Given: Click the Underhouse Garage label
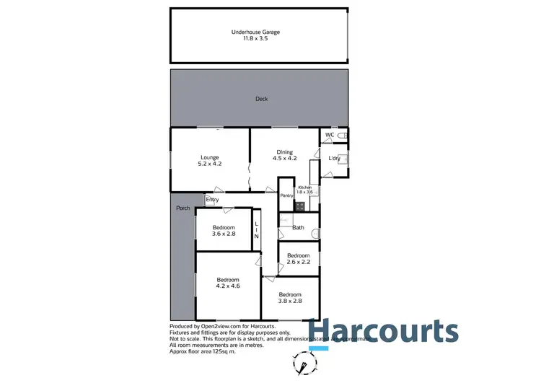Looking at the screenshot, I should (255, 36).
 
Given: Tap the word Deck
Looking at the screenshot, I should (261, 99).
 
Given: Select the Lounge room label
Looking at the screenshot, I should (210, 161).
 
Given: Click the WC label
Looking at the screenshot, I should (329, 135).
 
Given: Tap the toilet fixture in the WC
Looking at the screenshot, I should (344, 135).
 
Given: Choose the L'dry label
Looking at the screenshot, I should (334, 159).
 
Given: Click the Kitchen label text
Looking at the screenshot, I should (306, 190).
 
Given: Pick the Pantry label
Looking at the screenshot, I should (286, 195).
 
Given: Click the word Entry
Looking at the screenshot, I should (212, 200).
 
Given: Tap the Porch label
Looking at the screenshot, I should (183, 208).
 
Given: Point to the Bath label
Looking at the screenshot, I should (298, 228).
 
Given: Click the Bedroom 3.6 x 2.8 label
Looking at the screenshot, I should (224, 231).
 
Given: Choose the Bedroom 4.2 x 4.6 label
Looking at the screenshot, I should (228, 283).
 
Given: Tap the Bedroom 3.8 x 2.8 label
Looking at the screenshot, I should (289, 298).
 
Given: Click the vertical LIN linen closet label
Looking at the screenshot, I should (256, 229).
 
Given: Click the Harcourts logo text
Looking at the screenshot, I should (383, 331).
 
